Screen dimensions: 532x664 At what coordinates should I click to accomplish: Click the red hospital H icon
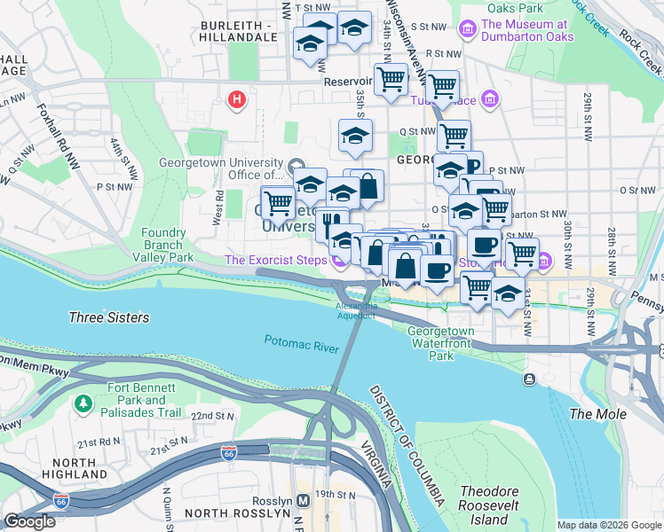tap(236, 99)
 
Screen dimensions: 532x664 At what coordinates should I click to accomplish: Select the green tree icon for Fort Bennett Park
tap(83, 404)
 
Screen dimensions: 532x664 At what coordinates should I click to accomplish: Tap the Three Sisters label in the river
tap(109, 317)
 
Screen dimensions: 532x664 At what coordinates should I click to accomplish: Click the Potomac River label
tap(301, 342)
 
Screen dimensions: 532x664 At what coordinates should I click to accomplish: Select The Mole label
tap(597, 414)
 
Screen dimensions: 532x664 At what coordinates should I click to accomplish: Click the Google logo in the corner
tap(30, 520)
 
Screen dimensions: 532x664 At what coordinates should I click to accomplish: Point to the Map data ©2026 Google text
tap(608, 525)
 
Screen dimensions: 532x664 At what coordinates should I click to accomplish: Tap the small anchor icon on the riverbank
tap(530, 379)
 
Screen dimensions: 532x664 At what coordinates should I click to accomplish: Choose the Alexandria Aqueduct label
tap(356, 310)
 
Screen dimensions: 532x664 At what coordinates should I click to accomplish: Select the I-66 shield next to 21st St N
tap(228, 453)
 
